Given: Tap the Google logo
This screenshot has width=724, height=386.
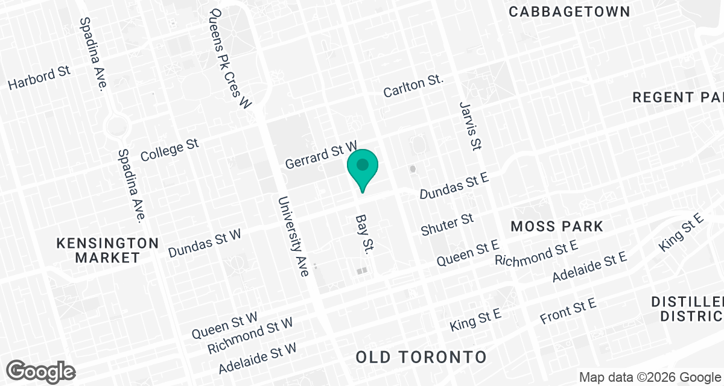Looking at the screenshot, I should tap(42, 371).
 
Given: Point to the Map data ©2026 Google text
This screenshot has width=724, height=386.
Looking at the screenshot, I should tap(650, 377).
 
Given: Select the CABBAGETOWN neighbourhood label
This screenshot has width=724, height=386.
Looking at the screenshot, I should tap(570, 11).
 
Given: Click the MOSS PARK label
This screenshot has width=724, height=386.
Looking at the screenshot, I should tap(556, 227).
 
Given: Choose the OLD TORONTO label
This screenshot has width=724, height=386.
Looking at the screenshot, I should tap(421, 356).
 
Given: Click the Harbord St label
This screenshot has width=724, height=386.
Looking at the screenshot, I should tap(40, 78).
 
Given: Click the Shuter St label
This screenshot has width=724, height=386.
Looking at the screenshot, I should tap(447, 224).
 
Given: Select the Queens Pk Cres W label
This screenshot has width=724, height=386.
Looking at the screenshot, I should tap(229, 58).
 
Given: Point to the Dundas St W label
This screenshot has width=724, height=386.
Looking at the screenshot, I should tap(205, 242).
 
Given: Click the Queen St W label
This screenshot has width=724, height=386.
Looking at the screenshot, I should tap(224, 325).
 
